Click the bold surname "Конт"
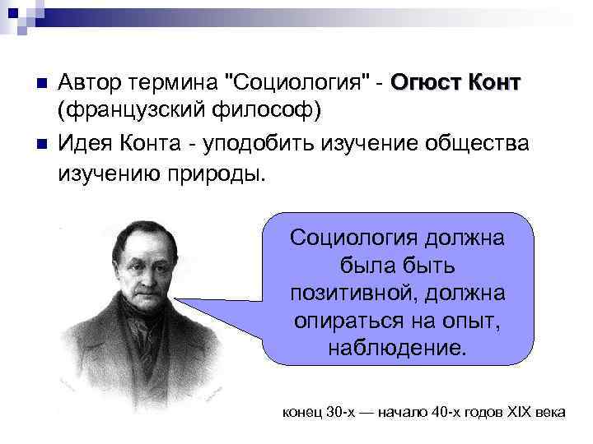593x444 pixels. click(x=496, y=83)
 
